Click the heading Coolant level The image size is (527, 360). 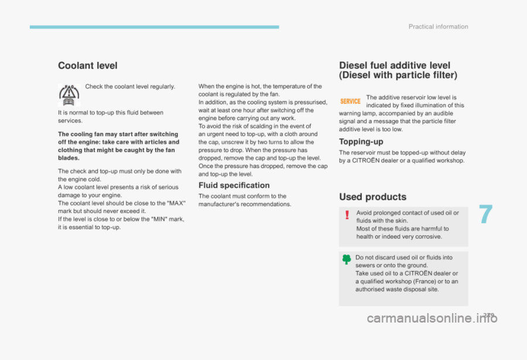tap(87, 66)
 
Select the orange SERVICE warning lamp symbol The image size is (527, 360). tap(351, 101)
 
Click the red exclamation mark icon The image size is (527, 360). tap(347, 215)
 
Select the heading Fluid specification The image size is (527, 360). tap(234, 185)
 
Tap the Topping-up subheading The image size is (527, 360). tap(361, 142)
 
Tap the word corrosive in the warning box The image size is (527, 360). tap(427, 237)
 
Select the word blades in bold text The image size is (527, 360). tap(68, 158)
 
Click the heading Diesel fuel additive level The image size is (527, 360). tap(395, 65)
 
